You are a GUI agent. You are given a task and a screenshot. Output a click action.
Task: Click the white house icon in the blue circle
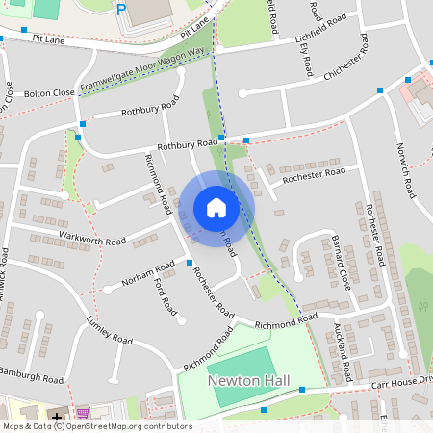pos(216,208)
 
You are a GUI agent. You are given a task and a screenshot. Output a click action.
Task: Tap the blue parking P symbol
pos(120,10)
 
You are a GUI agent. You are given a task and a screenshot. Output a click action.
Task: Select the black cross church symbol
pos(58,418)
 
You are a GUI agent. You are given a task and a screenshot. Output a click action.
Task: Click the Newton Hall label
pos(243,381)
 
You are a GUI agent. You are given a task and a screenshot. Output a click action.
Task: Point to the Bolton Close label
pos(50,93)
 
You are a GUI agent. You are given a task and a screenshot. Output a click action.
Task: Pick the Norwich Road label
pos(407,169)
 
